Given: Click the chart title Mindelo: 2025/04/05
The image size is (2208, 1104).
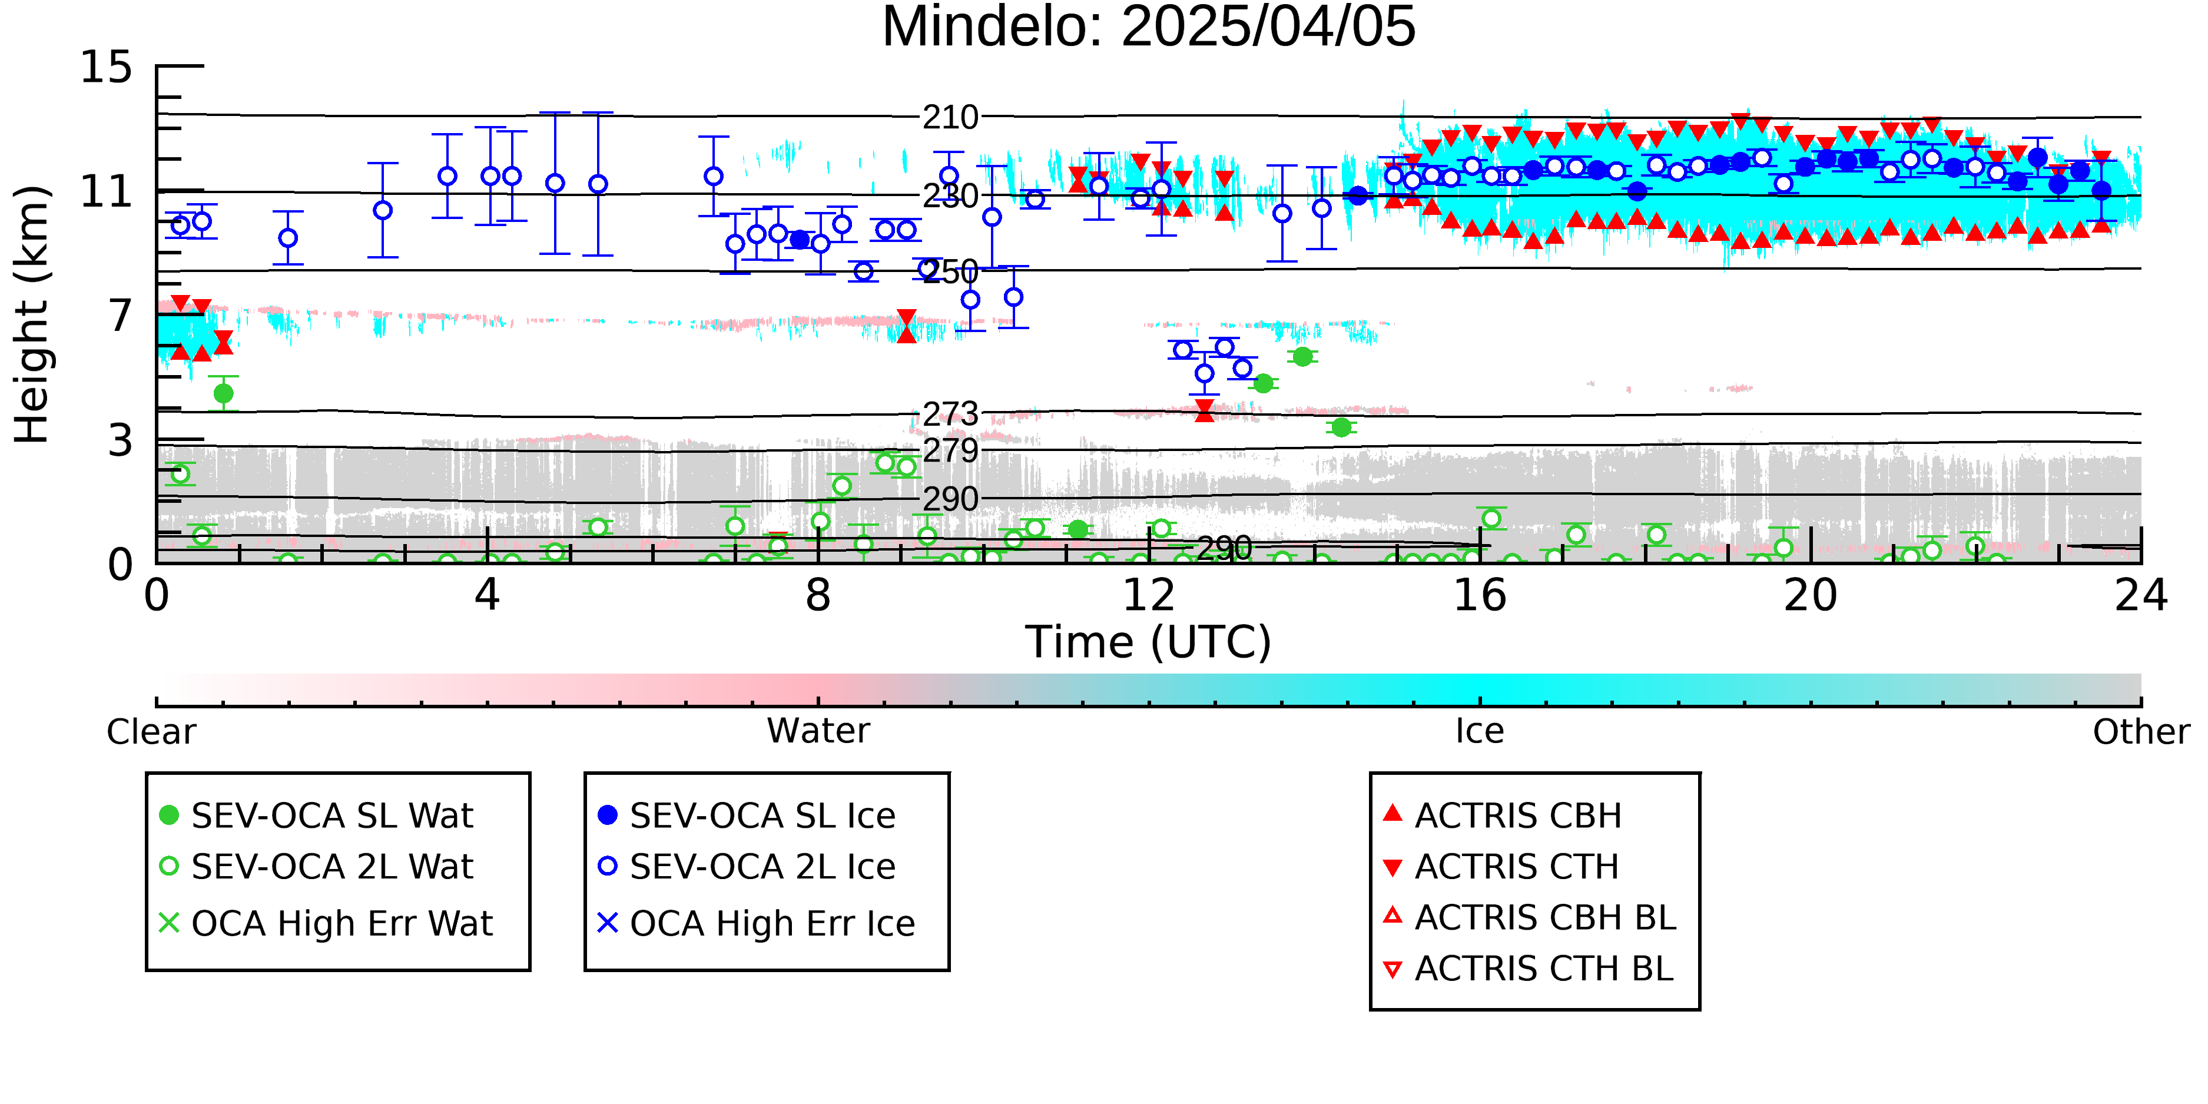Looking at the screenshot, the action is click(x=1149, y=28).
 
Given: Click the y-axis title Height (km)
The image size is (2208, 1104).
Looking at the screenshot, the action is click(x=32, y=314).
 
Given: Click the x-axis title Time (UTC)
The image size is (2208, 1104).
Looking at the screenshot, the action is click(x=1149, y=643).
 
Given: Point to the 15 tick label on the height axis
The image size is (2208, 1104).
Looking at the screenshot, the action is click(x=107, y=67).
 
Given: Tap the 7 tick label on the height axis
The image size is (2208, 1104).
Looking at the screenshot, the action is click(x=121, y=316).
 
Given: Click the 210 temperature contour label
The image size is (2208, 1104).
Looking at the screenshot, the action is click(x=950, y=117).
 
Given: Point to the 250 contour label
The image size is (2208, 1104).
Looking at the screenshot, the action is click(x=950, y=273).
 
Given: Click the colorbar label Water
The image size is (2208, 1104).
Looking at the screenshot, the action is click(x=818, y=731).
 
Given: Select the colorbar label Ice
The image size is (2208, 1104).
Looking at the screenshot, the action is click(x=1480, y=731).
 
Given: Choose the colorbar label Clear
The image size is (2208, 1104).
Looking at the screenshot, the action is click(x=151, y=732).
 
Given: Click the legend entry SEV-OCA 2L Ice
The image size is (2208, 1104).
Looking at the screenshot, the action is click(x=747, y=867).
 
